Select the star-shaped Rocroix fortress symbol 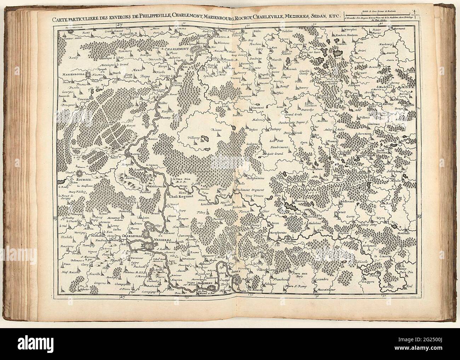pyautogui.click(x=80, y=173)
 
